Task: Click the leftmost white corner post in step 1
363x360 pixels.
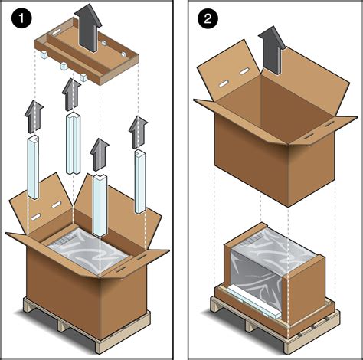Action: click(34, 165)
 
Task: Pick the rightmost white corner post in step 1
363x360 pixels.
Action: click(141, 179)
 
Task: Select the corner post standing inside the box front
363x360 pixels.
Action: click(100, 205)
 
